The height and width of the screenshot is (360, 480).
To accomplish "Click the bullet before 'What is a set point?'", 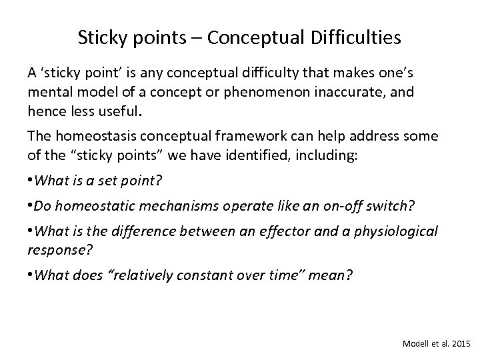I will pos(30,179).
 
